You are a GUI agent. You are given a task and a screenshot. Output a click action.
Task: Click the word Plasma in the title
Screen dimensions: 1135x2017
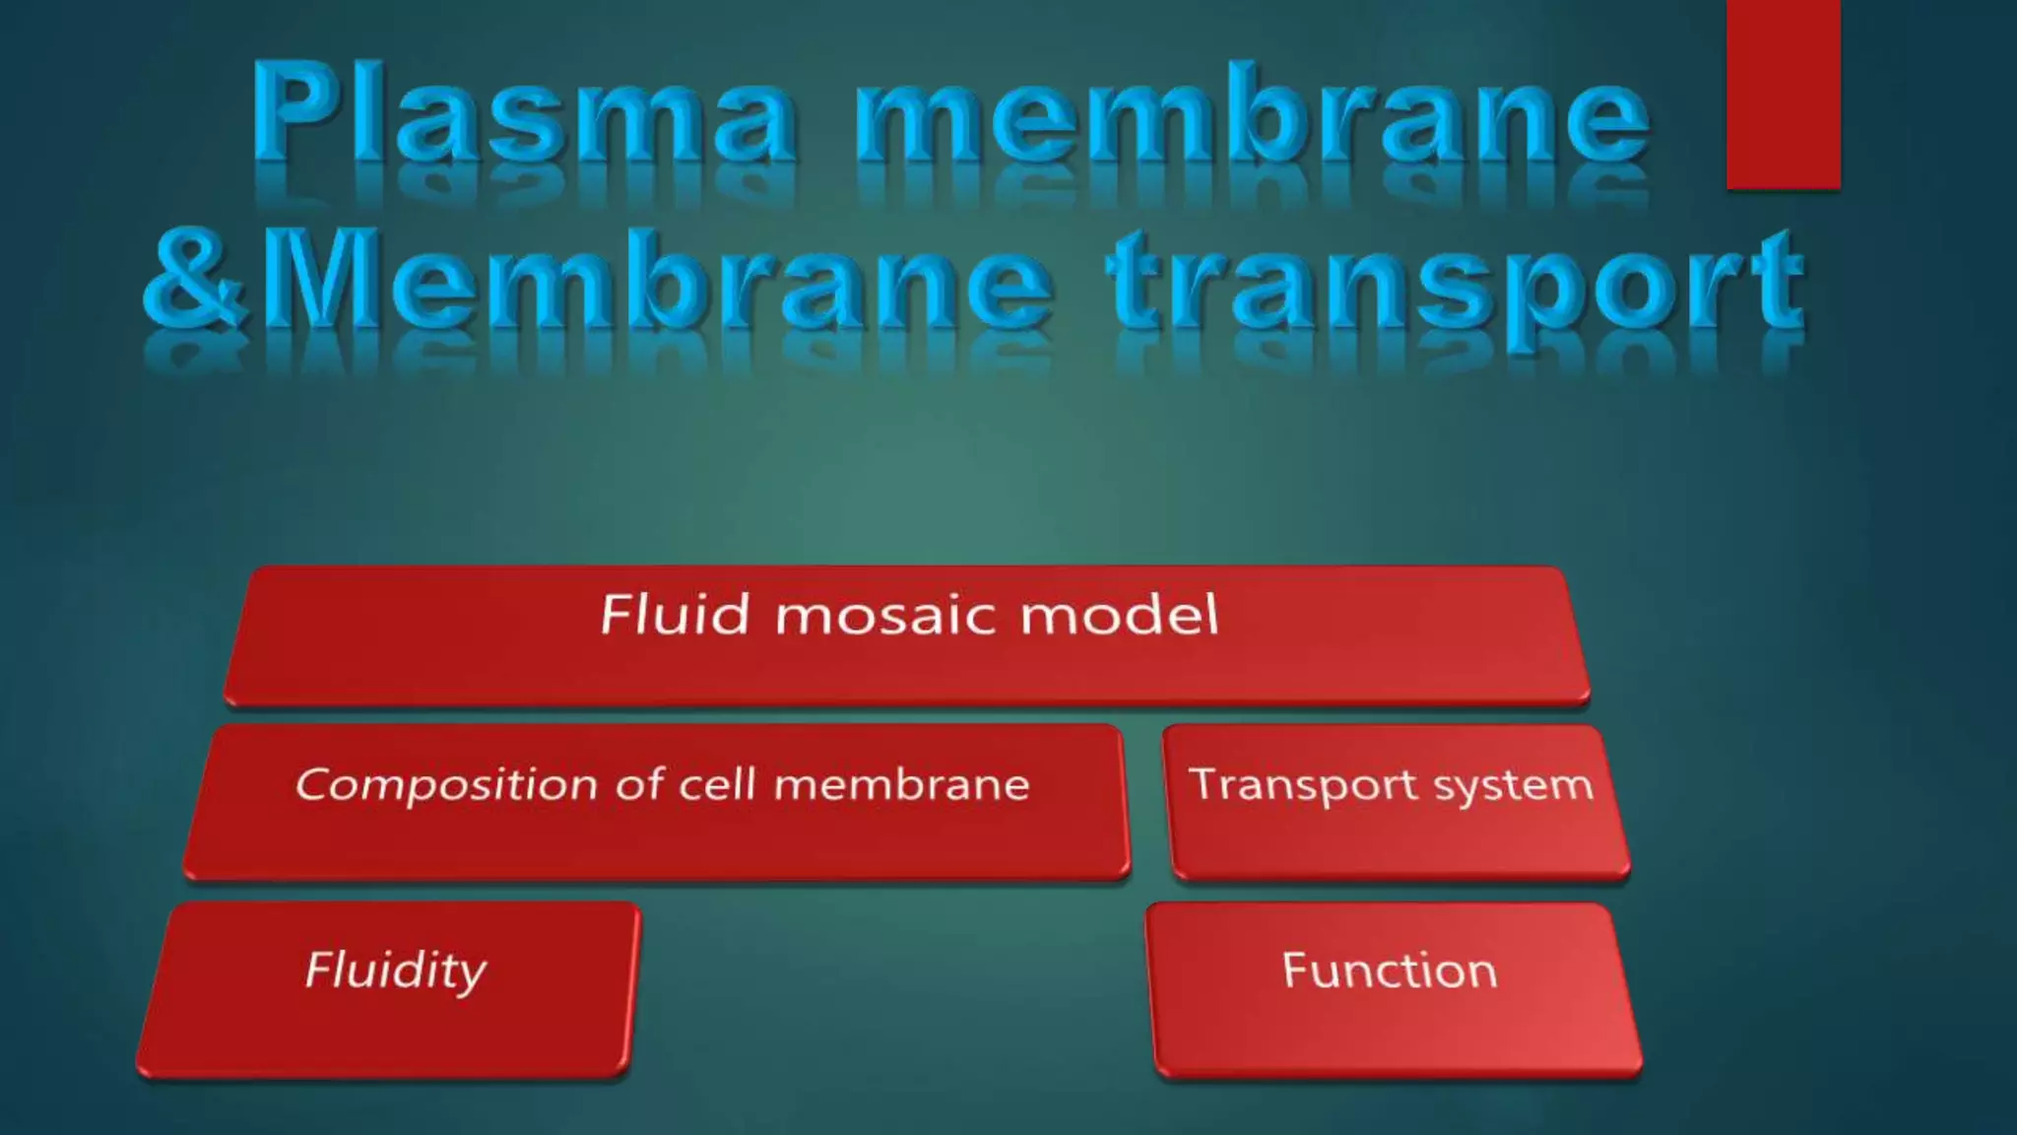point(523,113)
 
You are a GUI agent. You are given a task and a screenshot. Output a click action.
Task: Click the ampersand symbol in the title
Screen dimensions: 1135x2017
point(192,281)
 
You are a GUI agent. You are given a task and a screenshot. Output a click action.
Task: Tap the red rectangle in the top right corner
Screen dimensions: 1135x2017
point(1783,94)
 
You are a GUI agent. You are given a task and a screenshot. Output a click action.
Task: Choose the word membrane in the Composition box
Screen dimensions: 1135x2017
point(901,785)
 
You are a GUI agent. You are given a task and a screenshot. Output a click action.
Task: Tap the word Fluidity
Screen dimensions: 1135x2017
point(395,971)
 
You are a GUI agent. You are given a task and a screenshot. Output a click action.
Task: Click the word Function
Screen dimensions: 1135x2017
point(1389,970)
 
